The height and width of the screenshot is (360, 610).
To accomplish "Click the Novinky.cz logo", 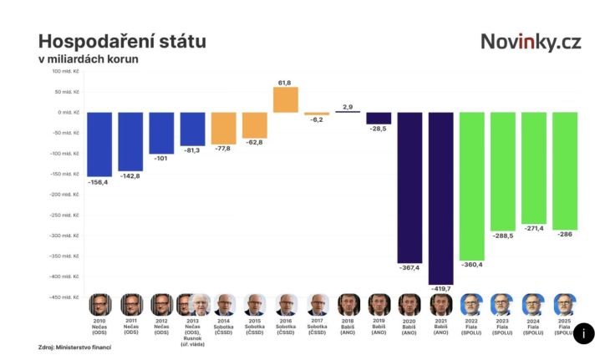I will (531, 42).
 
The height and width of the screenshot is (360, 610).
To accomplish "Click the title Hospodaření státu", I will (122, 41).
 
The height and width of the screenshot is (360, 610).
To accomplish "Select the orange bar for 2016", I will (286, 99).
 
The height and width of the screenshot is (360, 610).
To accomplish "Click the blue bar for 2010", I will (99, 144).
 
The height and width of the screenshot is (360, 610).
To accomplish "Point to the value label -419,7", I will (440, 289).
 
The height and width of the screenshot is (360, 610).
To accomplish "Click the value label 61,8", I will (285, 83).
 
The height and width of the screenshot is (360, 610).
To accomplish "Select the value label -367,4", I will (409, 268).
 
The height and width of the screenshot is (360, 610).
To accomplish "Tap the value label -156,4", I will (99, 181).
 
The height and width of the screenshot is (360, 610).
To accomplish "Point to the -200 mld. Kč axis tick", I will (66, 195).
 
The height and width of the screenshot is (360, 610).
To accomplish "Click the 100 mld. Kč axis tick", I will (66, 71).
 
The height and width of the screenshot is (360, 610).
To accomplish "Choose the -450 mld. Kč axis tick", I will (66, 297).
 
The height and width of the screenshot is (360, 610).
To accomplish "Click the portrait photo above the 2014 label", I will (224, 304).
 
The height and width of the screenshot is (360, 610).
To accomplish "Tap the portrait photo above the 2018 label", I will (348, 304).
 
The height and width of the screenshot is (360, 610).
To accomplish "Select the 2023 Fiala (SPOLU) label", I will (502, 327).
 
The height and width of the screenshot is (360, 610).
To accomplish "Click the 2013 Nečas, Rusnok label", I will (193, 332).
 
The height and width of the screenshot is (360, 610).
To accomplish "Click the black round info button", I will (583, 333).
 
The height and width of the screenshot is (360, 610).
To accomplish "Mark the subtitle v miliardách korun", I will (88, 59).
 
